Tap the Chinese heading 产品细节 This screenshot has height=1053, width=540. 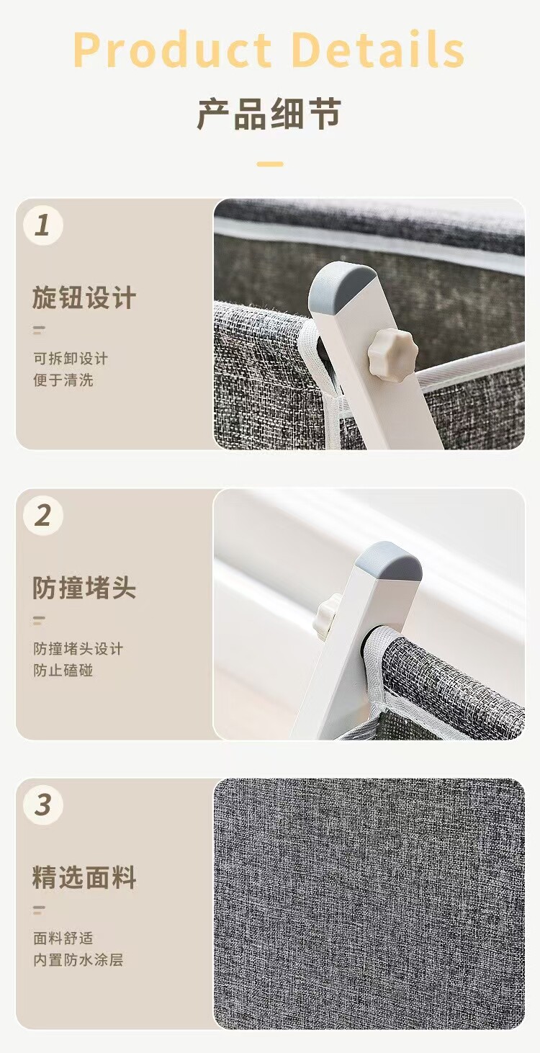(269, 115)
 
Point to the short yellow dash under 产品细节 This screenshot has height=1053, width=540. (269, 164)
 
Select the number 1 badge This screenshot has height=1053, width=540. (43, 225)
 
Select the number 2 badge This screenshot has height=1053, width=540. (43, 516)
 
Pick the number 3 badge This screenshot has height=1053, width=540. (43, 805)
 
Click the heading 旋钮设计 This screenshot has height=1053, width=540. (84, 298)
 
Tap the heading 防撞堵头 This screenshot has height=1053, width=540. (84, 588)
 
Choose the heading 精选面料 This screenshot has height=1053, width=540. (84, 878)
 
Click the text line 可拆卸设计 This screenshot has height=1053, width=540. (71, 358)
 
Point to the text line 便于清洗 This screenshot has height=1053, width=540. (63, 380)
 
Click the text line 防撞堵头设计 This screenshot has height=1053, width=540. (78, 648)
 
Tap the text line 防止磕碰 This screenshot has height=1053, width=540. (63, 670)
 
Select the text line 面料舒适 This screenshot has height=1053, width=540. (63, 938)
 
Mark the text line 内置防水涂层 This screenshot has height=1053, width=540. (78, 960)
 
